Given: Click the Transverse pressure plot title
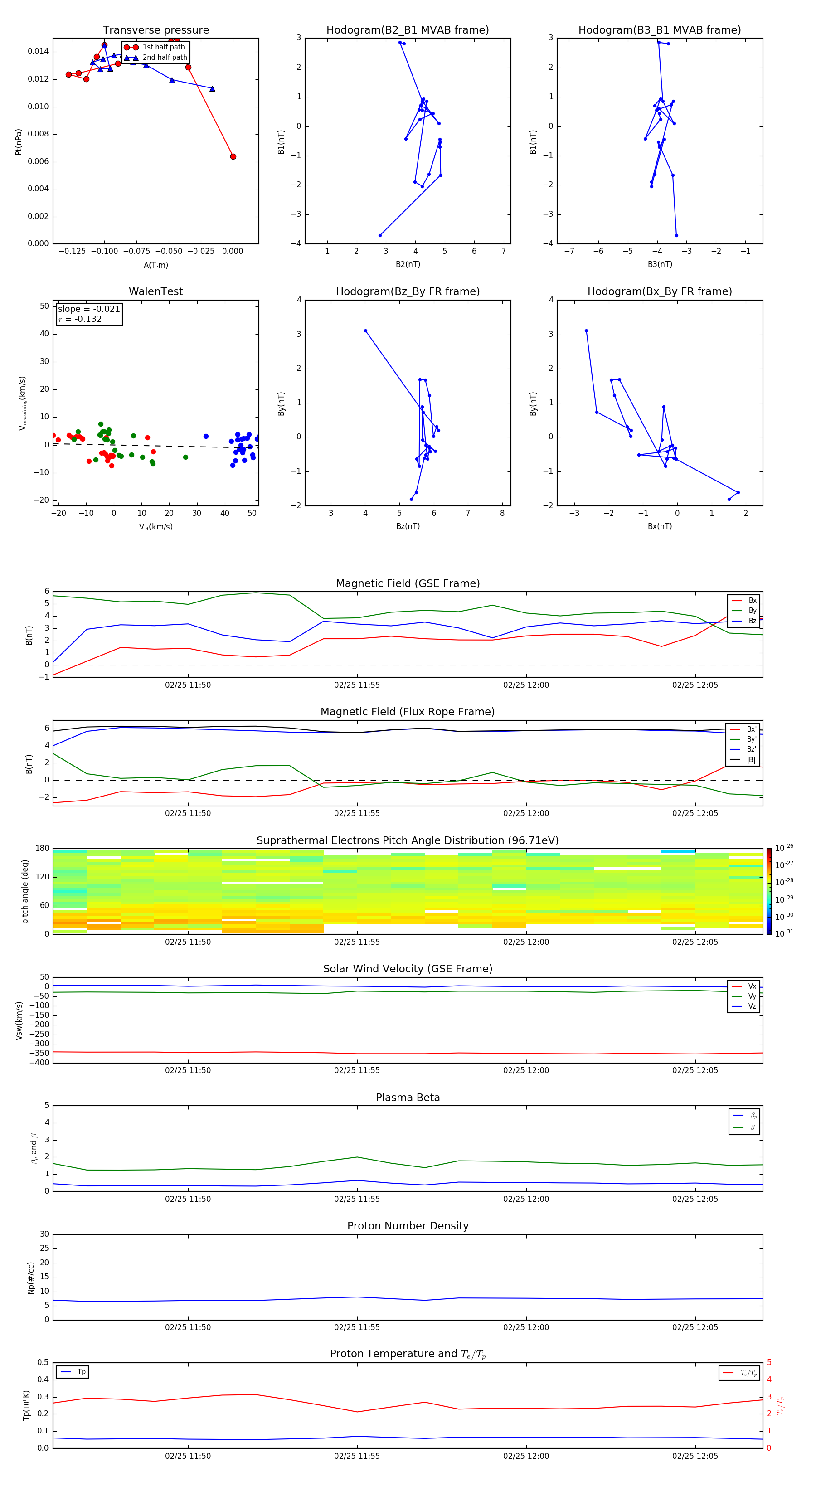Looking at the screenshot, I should [x=155, y=30].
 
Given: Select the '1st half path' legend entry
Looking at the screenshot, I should [x=163, y=47].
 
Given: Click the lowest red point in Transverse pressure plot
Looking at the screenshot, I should [x=233, y=157].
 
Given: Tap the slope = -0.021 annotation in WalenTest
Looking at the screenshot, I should [x=89, y=309].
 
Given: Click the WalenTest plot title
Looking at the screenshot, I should [x=155, y=291].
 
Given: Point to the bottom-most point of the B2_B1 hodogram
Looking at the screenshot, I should [x=380, y=235].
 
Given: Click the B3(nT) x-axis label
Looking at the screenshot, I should [x=660, y=264].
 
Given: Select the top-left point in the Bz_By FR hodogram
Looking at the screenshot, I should [x=365, y=331].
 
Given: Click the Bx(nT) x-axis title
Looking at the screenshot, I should [x=660, y=526].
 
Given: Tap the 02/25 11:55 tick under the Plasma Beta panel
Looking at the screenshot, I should [x=357, y=1199].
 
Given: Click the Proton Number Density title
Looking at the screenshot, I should [x=408, y=1226].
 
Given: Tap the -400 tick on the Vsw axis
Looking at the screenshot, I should [x=41, y=1063].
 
